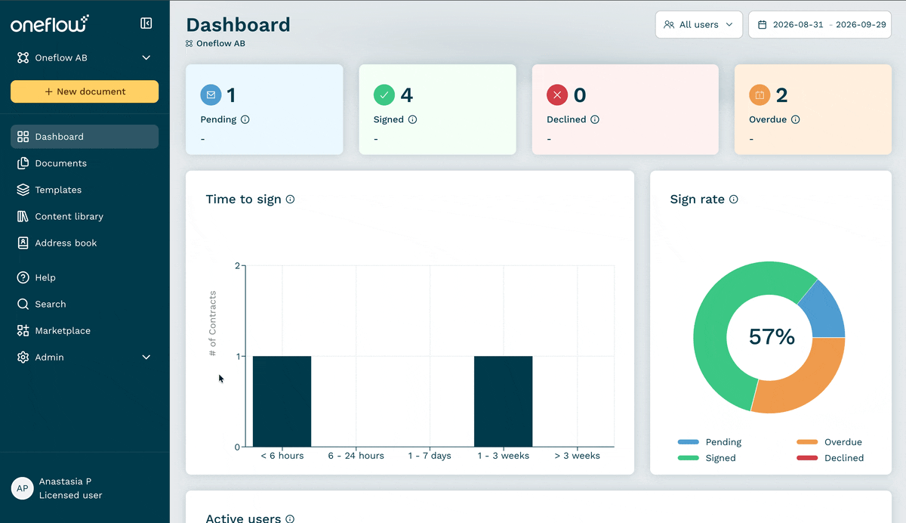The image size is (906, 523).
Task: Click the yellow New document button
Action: coord(85,91)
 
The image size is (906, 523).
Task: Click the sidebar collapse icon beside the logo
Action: coord(146,23)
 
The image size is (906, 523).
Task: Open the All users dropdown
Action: coord(699,25)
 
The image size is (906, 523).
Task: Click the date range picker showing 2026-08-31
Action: coord(820,25)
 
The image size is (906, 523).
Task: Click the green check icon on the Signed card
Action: coord(384,95)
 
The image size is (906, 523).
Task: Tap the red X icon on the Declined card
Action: coord(557,95)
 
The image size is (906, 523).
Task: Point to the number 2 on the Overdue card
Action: coord(781,95)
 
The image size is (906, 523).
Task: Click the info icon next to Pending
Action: coord(245,119)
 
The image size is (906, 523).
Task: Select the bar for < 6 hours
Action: coord(282,401)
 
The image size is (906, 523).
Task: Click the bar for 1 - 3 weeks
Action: coord(503,401)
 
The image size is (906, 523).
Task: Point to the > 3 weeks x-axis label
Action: coord(577,456)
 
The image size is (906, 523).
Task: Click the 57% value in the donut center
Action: coord(772,337)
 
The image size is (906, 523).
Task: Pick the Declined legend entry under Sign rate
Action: coord(830,458)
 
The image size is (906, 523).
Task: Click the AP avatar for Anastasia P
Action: coord(22,488)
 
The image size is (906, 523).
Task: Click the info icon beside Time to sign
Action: coord(290,200)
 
